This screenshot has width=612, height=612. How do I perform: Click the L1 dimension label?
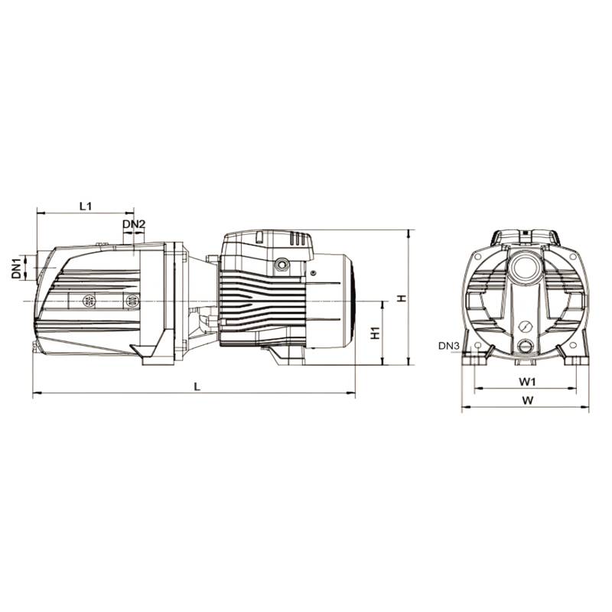(86, 206)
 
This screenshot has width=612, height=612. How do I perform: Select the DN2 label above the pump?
(134, 224)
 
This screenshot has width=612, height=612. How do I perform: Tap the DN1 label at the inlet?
(15, 269)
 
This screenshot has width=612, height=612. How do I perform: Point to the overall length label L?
(197, 386)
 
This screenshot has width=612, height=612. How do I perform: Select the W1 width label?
(526, 380)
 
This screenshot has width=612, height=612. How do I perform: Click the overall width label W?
(526, 400)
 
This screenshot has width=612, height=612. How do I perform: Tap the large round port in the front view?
(526, 269)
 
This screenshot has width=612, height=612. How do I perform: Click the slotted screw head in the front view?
(526, 327)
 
